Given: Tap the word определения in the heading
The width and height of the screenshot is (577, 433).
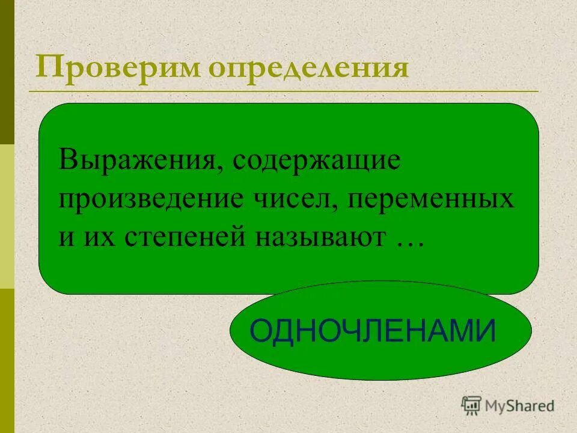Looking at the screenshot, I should pyautogui.click(x=308, y=69).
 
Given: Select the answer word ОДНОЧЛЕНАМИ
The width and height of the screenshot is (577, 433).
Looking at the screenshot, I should pyautogui.click(x=373, y=331).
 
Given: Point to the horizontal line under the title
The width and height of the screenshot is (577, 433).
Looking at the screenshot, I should pyautogui.click(x=282, y=91).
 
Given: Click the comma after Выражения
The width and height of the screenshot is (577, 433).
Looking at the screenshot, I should pyautogui.click(x=221, y=170).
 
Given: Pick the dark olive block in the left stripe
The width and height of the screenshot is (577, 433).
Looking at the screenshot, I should pyautogui.click(x=7, y=72).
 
